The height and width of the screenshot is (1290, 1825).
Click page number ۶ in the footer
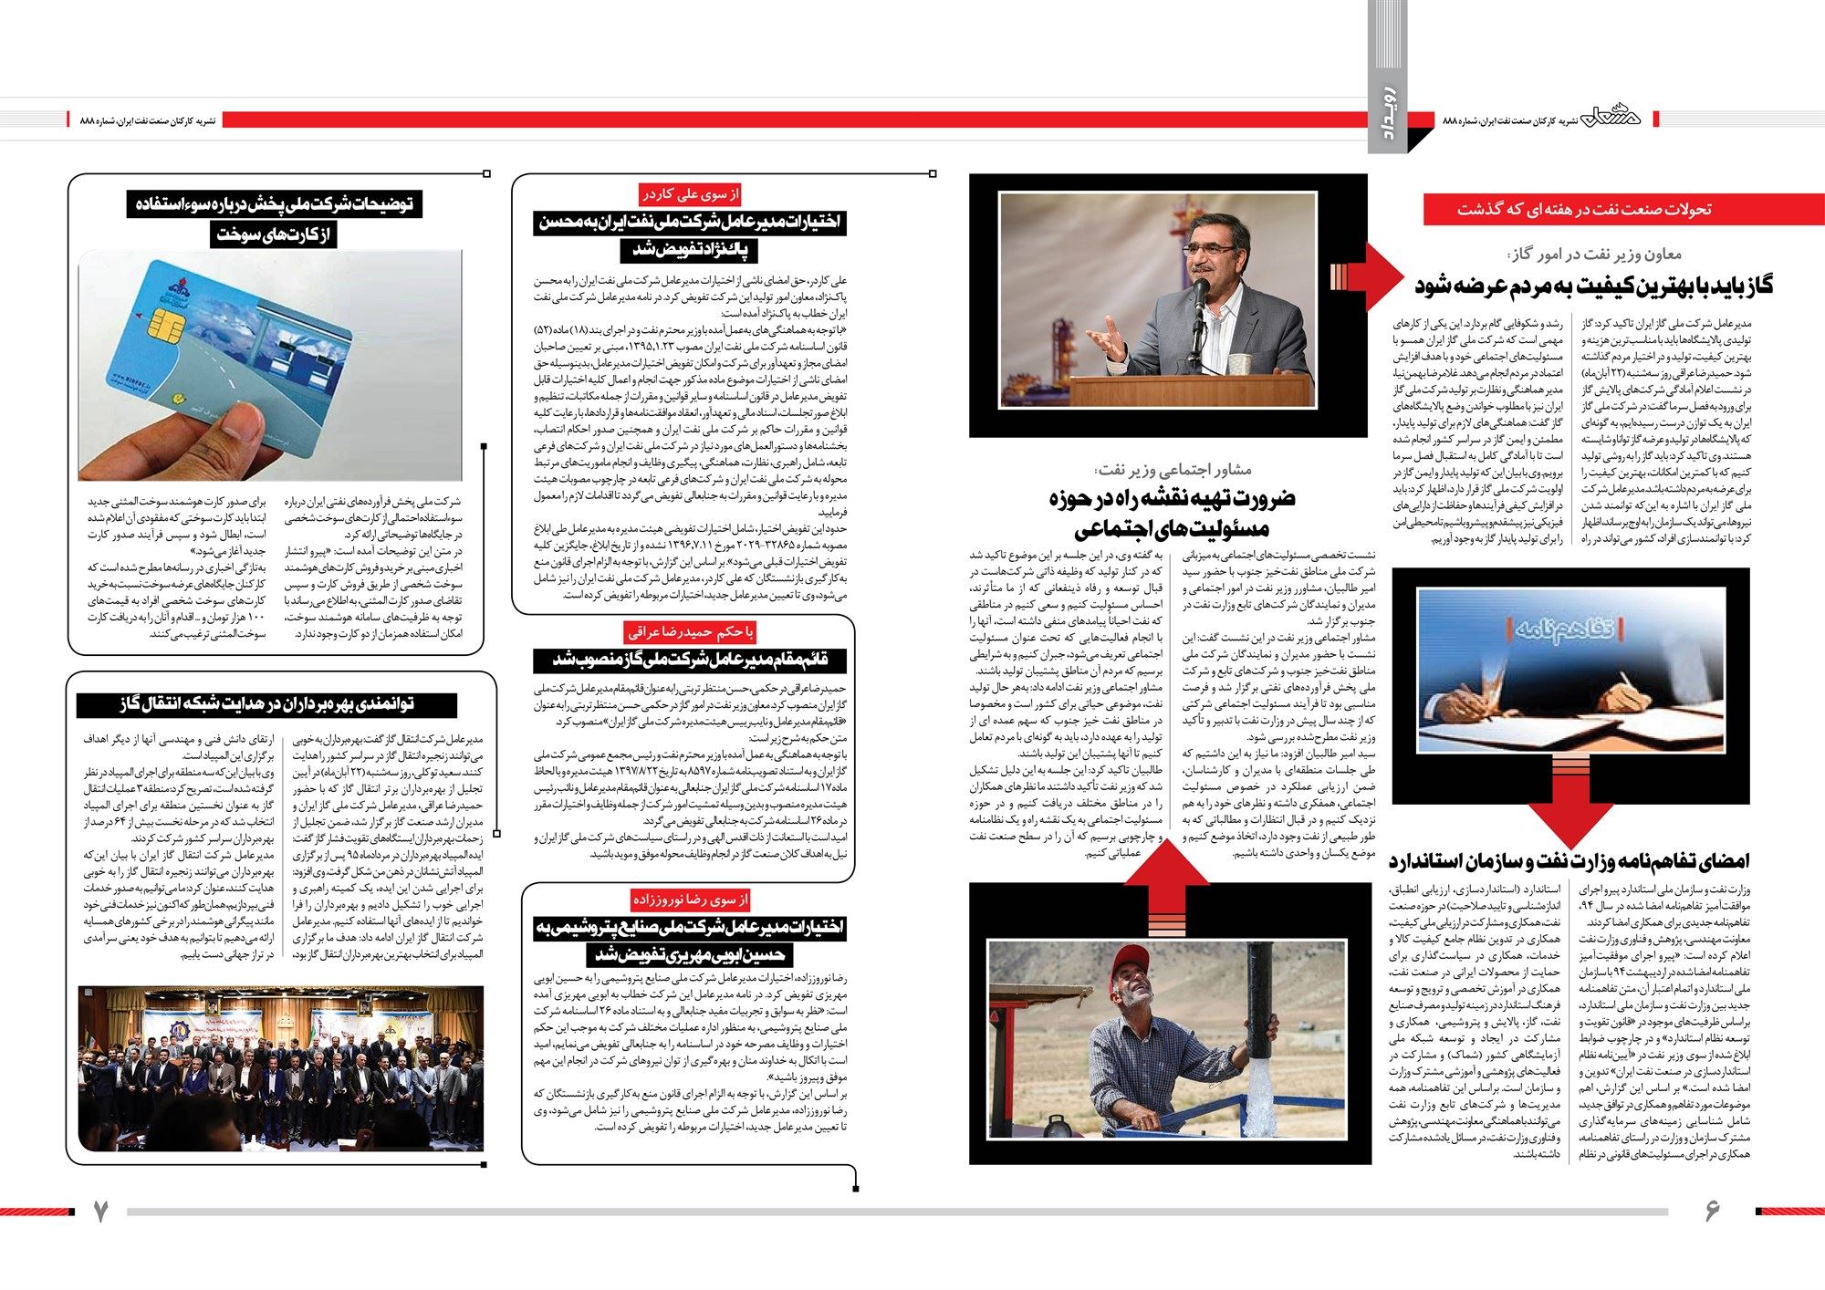[x=1712, y=1212]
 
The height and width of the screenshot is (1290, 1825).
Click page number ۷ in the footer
[x=100, y=1212]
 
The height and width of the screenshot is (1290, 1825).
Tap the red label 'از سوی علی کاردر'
[x=691, y=194]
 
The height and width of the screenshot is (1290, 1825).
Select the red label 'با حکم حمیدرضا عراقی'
[x=691, y=631]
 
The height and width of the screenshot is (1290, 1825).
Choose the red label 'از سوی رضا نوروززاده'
[x=691, y=900]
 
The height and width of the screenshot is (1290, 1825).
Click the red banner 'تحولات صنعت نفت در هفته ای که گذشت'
[x=1622, y=209]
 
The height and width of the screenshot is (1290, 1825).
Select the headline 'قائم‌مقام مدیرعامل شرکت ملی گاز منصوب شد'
[x=691, y=659]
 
